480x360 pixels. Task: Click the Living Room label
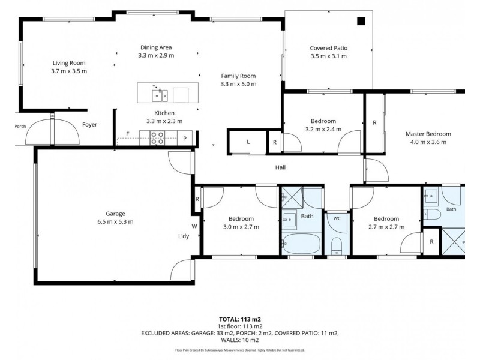click(69, 63)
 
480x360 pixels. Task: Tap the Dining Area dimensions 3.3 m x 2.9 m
click(156, 55)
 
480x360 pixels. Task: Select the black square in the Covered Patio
click(361, 21)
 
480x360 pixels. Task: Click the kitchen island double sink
click(160, 95)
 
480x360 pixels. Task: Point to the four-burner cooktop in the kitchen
click(157, 138)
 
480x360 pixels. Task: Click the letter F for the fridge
click(128, 134)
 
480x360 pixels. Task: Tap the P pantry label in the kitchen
click(185, 139)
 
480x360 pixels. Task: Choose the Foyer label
click(89, 125)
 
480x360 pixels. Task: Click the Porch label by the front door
click(20, 126)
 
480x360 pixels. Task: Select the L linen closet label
click(248, 142)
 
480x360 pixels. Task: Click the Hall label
click(280, 167)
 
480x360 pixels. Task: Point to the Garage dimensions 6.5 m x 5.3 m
click(115, 221)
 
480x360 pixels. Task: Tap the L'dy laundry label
click(184, 236)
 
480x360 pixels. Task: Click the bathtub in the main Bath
click(301, 244)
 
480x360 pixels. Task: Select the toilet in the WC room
click(337, 246)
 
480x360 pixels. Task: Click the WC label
click(337, 218)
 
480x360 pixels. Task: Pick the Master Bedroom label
click(428, 134)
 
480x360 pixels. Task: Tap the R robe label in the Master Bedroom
click(374, 122)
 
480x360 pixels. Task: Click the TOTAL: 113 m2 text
click(239, 320)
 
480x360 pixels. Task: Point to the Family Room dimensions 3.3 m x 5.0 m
click(238, 84)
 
